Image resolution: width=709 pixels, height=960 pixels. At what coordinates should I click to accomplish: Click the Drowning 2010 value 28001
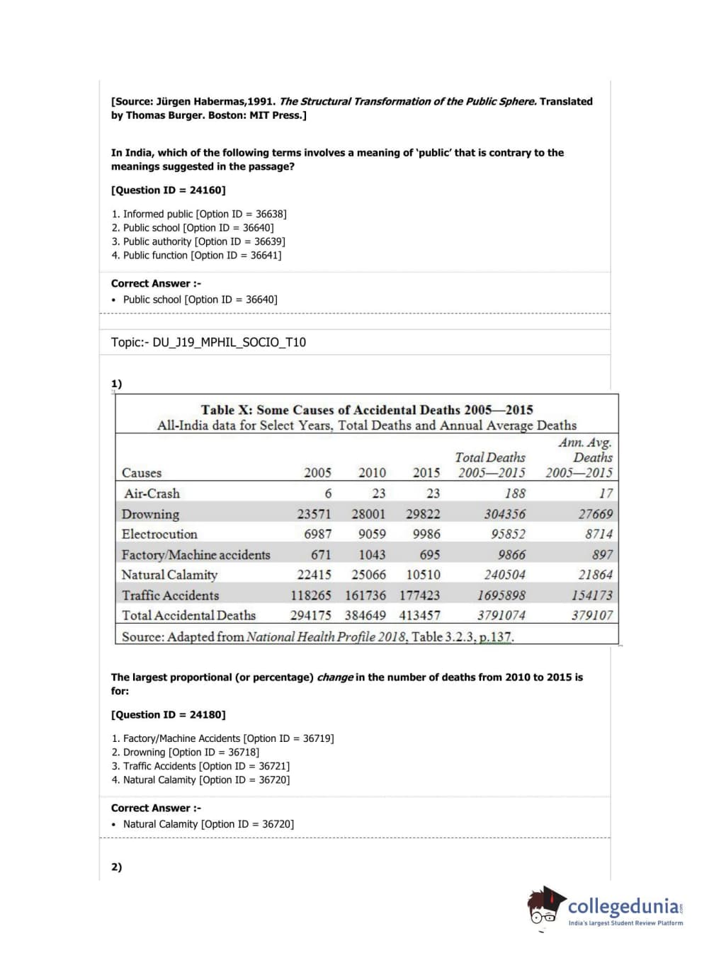tap(368, 514)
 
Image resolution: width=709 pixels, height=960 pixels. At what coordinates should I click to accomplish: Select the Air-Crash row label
tap(152, 493)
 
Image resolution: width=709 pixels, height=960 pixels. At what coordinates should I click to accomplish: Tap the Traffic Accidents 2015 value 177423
tap(419, 595)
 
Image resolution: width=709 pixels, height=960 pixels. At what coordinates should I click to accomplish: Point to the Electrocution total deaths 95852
tap(508, 534)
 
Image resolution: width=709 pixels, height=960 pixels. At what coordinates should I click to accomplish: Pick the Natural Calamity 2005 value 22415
tap(314, 575)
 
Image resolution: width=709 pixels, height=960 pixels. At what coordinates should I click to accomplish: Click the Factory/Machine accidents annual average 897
tap(602, 554)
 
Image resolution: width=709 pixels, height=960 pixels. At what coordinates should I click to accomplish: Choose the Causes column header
tap(142, 473)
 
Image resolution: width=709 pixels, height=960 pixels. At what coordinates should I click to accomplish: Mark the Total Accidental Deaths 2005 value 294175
tap(310, 615)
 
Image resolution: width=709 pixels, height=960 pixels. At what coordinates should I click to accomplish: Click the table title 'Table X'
tap(367, 410)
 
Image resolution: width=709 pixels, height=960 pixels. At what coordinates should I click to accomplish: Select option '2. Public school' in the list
tap(192, 228)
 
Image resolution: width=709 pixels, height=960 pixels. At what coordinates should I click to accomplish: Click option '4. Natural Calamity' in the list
tap(200, 780)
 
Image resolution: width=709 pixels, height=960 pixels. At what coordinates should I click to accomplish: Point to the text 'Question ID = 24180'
tap(169, 715)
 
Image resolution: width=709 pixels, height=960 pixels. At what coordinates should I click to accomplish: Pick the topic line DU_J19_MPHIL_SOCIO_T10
tap(208, 343)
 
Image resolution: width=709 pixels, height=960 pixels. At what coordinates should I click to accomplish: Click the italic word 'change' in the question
tap(334, 678)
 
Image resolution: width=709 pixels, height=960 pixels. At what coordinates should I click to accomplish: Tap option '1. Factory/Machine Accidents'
tap(222, 738)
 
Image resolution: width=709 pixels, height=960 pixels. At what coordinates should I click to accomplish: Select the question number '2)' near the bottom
tap(116, 867)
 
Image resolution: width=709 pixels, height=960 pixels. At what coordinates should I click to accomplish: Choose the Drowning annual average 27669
tap(595, 514)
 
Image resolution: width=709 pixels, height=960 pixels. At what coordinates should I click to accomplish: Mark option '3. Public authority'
tap(198, 241)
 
